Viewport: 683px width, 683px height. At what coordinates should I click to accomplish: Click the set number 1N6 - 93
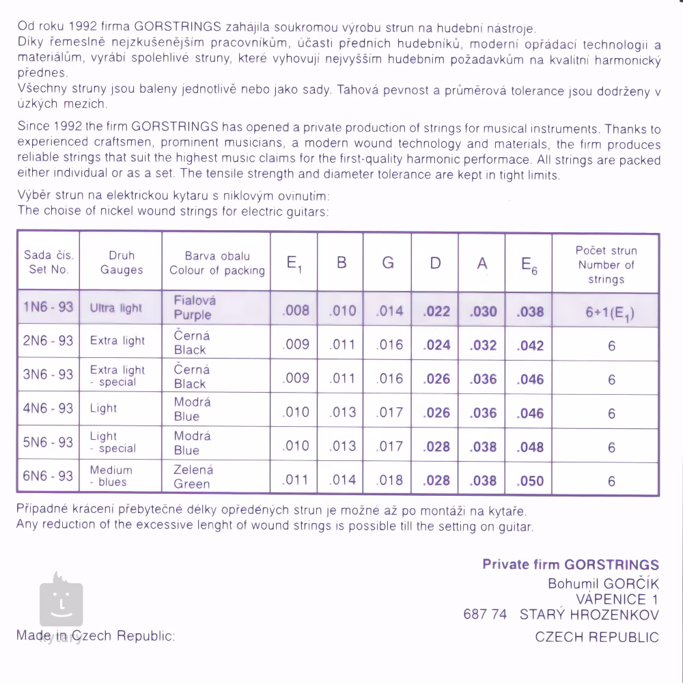pyautogui.click(x=48, y=307)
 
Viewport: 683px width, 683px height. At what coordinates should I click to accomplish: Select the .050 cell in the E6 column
pyautogui.click(x=531, y=481)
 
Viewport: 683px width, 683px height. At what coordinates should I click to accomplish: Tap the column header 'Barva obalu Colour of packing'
pyautogui.click(x=217, y=264)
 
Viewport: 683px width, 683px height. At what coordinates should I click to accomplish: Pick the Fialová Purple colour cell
pyautogui.click(x=193, y=307)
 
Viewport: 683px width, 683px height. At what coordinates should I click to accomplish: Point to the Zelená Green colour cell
pyautogui.click(x=193, y=476)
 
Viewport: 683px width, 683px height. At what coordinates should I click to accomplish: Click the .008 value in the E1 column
pyautogui.click(x=296, y=311)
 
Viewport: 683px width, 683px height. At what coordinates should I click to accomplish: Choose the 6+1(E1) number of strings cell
pyautogui.click(x=610, y=313)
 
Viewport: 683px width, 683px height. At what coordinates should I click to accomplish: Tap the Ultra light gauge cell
pyautogui.click(x=116, y=308)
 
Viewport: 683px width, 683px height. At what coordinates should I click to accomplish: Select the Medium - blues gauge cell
pyautogui.click(x=111, y=475)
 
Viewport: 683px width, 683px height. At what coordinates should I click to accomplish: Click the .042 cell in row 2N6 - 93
pyautogui.click(x=531, y=346)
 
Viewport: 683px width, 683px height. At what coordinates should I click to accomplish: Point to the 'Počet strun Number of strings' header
pyautogui.click(x=606, y=264)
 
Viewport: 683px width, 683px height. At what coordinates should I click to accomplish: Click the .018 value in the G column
pyautogui.click(x=390, y=480)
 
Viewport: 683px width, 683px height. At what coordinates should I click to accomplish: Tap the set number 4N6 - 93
pyautogui.click(x=48, y=408)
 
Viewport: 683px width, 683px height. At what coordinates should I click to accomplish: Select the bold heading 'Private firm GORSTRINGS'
pyautogui.click(x=570, y=565)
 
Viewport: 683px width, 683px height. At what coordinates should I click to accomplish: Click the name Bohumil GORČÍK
pyautogui.click(x=603, y=584)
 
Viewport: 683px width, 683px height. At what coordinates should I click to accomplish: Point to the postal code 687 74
pyautogui.click(x=485, y=614)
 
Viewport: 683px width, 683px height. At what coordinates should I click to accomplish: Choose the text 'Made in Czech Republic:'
pyautogui.click(x=96, y=636)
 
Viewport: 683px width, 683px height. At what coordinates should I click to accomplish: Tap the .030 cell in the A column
pyautogui.click(x=484, y=311)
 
